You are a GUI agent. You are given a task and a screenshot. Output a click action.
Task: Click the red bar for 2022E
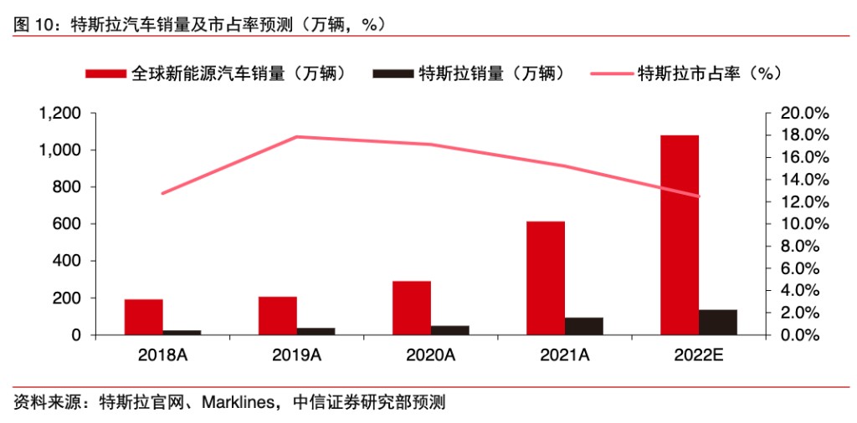[x=679, y=234]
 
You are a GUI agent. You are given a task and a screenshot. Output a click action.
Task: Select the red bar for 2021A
[x=545, y=278]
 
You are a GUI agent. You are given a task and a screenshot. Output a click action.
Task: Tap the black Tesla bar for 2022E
[x=718, y=322]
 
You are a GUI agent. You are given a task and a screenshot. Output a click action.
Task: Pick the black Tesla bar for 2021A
[x=584, y=326]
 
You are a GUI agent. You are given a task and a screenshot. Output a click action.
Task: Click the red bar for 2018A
[x=143, y=317]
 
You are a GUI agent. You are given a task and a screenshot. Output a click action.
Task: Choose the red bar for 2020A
[x=411, y=308]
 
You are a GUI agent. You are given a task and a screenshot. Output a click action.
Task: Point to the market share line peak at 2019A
[x=297, y=136]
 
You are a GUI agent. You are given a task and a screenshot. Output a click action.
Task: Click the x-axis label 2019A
[x=296, y=355]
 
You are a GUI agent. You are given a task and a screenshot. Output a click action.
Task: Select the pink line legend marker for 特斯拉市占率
[x=611, y=74]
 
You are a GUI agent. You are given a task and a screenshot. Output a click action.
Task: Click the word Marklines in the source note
[x=240, y=402]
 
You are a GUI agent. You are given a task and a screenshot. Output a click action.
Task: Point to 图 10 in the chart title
[x=32, y=25]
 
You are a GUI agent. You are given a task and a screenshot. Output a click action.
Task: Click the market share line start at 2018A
[x=162, y=193]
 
